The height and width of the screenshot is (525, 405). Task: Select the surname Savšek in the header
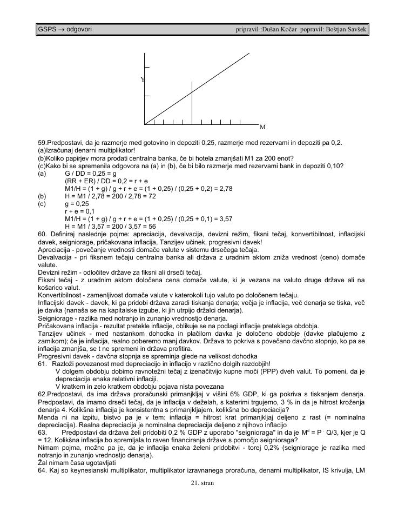(354, 28)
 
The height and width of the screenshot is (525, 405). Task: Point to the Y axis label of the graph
(143, 79)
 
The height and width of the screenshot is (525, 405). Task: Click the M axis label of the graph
(262, 127)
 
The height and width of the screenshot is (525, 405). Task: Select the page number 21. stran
(202, 482)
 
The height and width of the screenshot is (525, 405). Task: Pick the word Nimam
(48, 448)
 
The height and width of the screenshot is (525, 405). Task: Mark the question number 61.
(43, 364)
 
